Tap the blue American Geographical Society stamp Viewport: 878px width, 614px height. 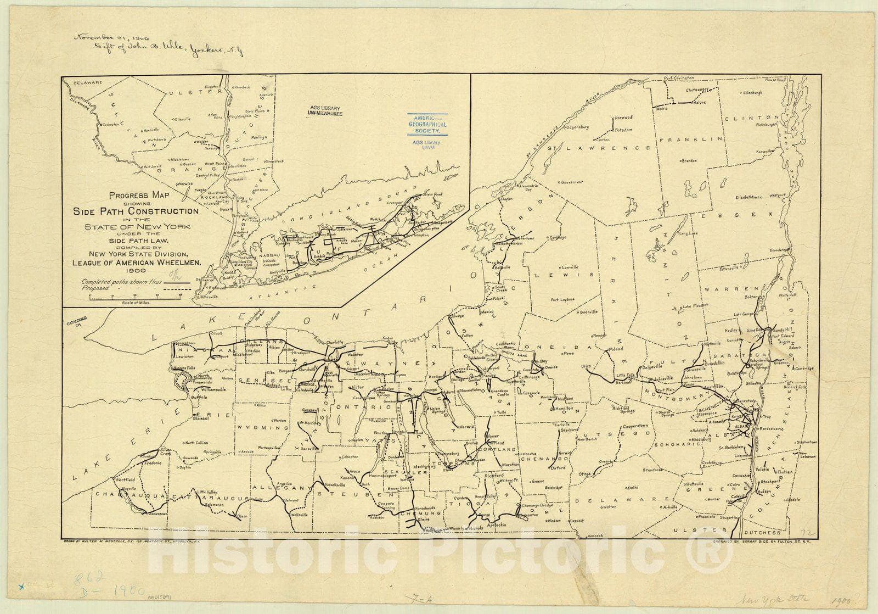(427, 125)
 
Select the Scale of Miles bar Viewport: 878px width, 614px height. (136, 297)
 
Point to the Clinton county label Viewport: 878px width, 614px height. (752, 118)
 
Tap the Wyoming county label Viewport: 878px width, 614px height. (262, 427)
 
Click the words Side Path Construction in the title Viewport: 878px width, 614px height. (136, 211)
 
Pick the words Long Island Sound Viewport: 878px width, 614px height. (336, 212)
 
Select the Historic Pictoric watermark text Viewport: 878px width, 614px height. (439, 549)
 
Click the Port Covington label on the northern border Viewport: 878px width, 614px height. (679, 78)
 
